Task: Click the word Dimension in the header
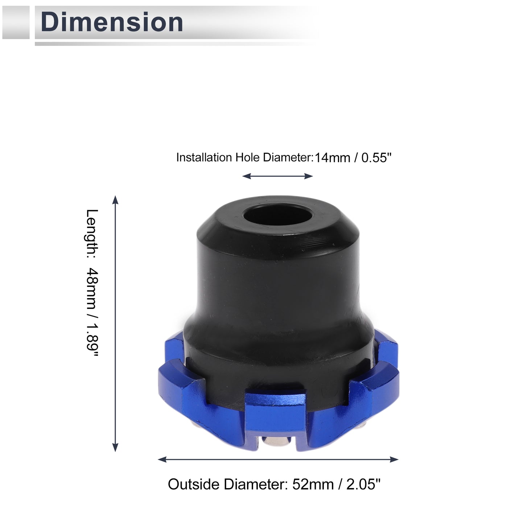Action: [112, 22]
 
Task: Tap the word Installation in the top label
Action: [204, 157]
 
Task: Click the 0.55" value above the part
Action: [376, 157]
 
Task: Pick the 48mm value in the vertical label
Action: [92, 289]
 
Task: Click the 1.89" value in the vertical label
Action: [92, 340]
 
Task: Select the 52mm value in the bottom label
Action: [313, 484]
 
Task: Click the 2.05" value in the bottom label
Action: [363, 484]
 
